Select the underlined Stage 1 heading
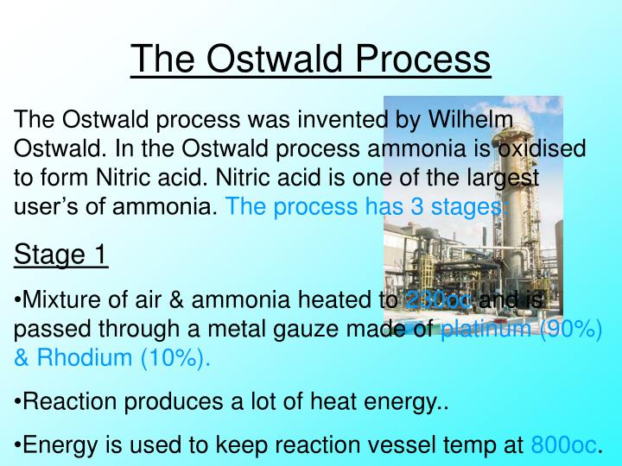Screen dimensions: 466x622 (60, 255)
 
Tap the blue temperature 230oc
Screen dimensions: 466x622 (438, 300)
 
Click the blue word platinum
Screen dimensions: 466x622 (484, 330)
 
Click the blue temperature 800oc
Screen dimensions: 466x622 (563, 444)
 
